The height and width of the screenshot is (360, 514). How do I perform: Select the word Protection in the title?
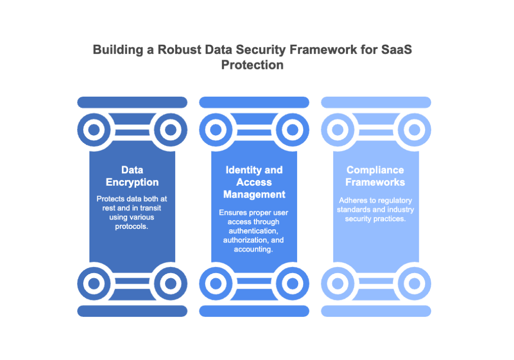point(252,65)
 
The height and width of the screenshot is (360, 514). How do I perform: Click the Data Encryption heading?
point(132,176)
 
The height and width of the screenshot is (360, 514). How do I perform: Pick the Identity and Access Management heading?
point(254,182)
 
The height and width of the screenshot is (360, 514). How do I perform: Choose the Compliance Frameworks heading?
point(375,176)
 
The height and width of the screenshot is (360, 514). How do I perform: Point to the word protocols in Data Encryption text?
point(132,226)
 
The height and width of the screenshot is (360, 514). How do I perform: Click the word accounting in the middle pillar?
point(254,249)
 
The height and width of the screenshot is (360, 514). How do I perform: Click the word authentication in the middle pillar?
point(254,230)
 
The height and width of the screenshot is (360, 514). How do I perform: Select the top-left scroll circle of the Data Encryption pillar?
point(94,130)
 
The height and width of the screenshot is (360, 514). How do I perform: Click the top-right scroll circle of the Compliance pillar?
point(414,130)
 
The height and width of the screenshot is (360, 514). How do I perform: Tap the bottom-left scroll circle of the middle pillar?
point(215,283)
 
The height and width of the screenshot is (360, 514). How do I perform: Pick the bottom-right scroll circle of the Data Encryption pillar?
point(171,283)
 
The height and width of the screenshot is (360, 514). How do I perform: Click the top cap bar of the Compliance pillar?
point(376,102)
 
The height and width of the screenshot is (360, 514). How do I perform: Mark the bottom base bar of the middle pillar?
point(254,311)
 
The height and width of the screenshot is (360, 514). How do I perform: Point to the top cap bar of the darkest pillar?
point(132,102)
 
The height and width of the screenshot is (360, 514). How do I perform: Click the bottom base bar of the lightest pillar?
point(376,311)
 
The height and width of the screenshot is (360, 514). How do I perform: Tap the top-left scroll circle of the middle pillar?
point(215,130)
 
